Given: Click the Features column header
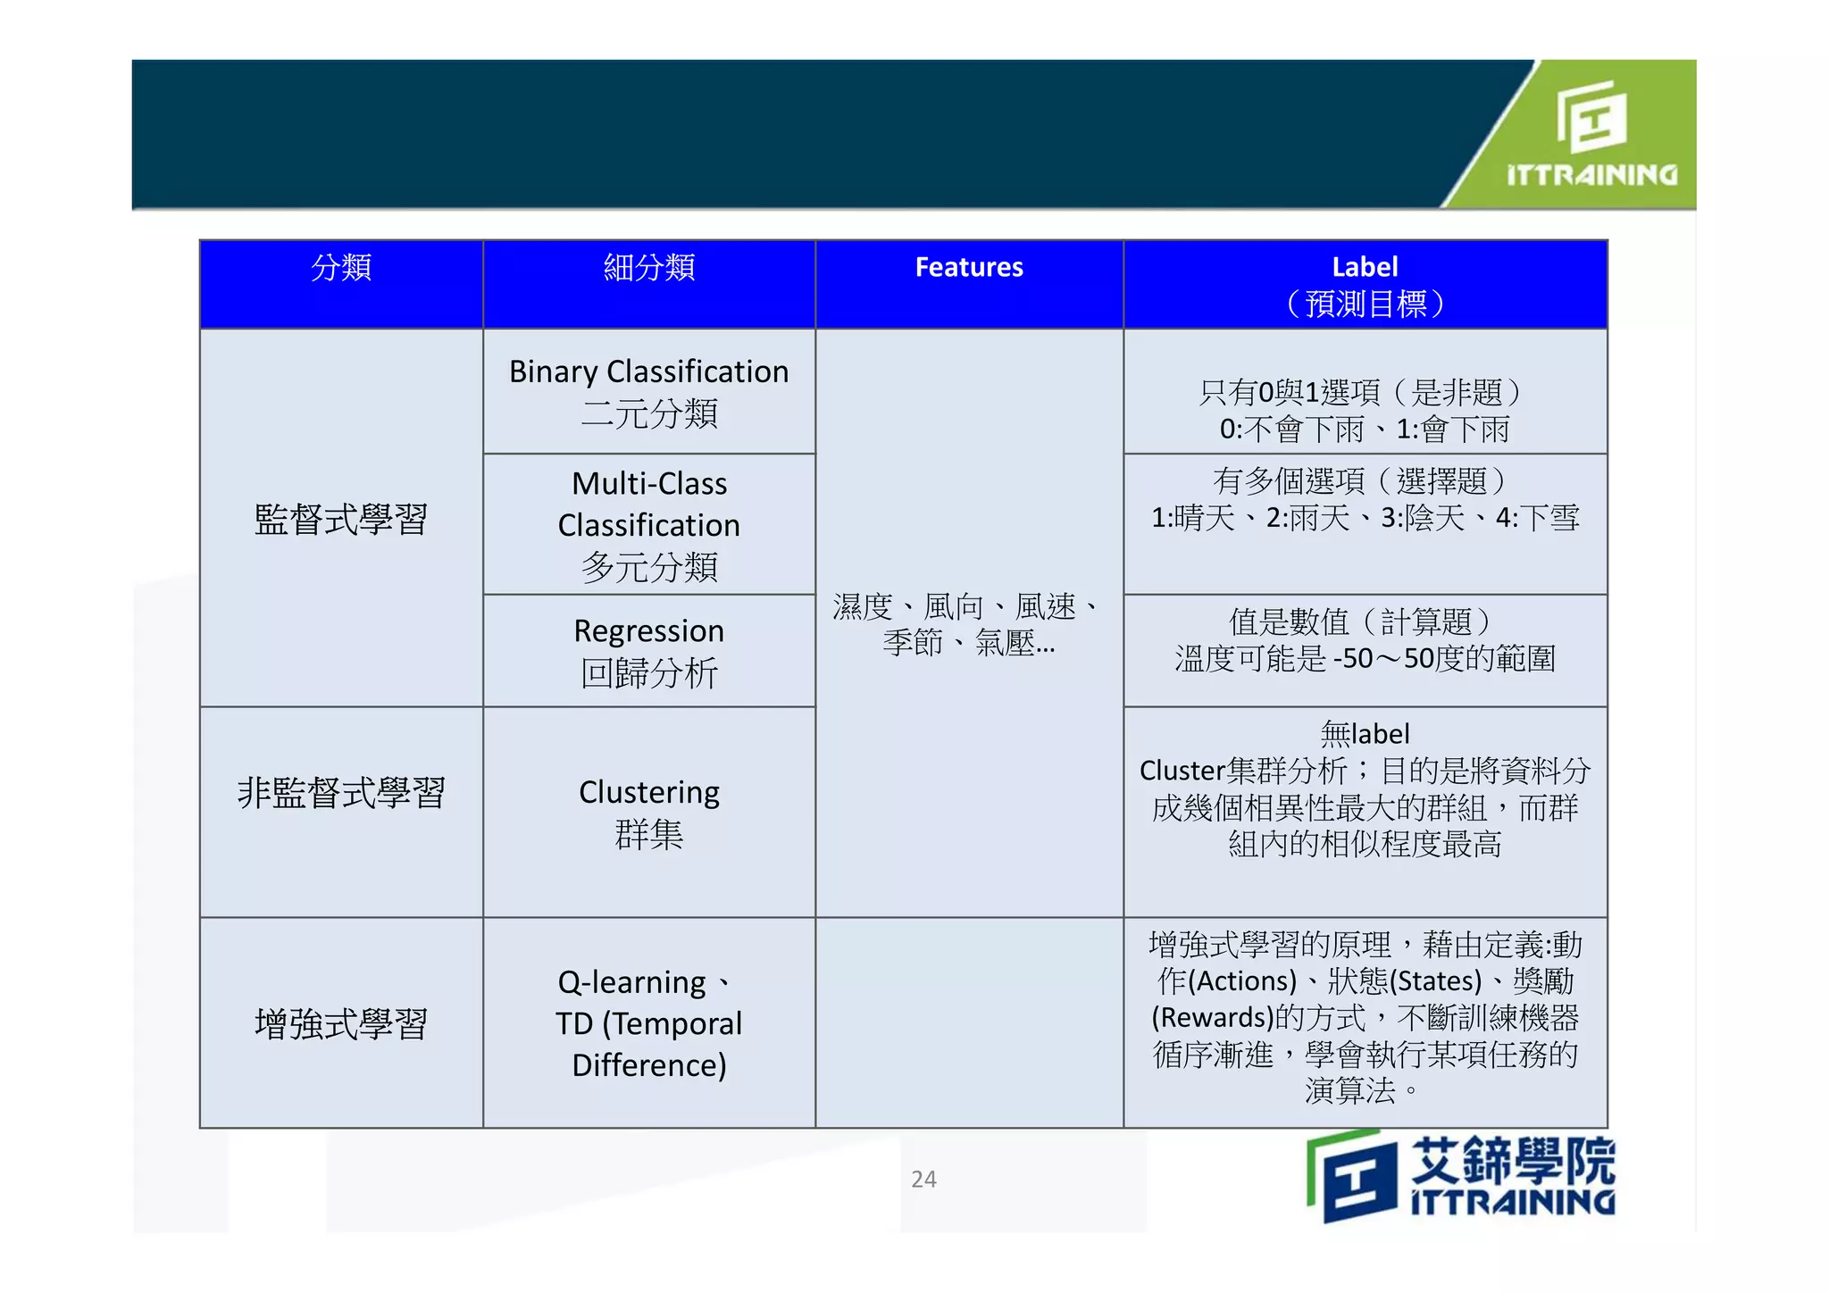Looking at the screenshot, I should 969,267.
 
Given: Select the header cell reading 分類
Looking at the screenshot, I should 341,267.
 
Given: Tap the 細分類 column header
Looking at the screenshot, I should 649,267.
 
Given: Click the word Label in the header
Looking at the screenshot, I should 1365,267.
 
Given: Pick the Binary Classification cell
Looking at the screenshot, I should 649,392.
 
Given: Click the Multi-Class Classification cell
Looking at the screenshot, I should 649,524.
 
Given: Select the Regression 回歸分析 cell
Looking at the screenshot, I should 649,651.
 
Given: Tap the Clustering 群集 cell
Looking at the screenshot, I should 649,813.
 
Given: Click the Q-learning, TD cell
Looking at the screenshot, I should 649,1022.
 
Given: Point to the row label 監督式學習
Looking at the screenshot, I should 341,519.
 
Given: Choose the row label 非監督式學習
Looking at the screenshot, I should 341,792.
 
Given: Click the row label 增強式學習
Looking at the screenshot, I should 341,1023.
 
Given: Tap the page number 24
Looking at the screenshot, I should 923,1179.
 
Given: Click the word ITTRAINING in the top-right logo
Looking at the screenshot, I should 1591,174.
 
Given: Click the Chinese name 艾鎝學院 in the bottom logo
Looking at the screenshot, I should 1513,1159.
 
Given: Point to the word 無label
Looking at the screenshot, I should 1365,734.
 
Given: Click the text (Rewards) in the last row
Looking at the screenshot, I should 1212,1017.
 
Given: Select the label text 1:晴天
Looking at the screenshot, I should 1192,518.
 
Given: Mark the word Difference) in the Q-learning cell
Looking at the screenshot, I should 649,1064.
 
